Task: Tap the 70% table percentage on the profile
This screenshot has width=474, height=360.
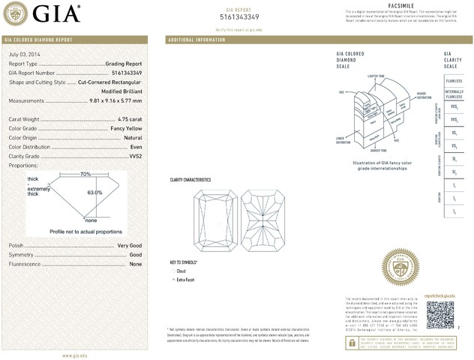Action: (85, 174)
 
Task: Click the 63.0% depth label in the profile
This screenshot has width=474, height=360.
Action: (94, 193)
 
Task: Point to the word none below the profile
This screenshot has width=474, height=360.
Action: (91, 220)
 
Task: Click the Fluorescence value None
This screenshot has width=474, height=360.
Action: (136, 264)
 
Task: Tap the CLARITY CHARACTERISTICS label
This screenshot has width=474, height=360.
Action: (190, 179)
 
